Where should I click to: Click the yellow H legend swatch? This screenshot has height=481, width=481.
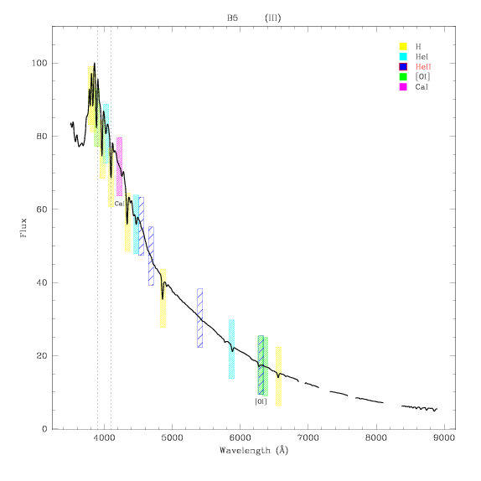[403, 46]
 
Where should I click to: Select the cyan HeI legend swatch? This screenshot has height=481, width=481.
[403, 56]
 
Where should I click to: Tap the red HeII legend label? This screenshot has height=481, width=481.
[423, 66]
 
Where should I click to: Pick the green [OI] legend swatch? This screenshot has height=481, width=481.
[403, 77]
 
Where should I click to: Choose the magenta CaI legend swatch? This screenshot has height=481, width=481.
[403, 87]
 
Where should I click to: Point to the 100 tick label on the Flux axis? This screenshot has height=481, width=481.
[39, 63]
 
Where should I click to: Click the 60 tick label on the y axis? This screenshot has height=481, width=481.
[42, 209]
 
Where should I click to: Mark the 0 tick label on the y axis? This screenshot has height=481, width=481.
[44, 429]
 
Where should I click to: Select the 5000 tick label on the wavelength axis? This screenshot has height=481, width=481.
[172, 437]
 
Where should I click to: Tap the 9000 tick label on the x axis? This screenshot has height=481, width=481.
[444, 437]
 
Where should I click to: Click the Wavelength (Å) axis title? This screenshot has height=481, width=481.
[254, 450]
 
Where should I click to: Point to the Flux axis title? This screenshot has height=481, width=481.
[23, 228]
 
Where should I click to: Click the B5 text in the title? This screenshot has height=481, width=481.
[232, 18]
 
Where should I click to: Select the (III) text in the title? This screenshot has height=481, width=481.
[272, 18]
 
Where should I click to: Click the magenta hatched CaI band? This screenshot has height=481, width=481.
[119, 167]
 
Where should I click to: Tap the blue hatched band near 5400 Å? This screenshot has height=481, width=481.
[199, 318]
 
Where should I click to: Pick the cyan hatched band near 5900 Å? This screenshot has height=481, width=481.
[231, 349]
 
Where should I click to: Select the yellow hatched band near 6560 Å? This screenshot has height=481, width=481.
[278, 376]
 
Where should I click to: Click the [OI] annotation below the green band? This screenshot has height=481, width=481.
[261, 401]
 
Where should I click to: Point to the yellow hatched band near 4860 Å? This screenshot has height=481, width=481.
[163, 298]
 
